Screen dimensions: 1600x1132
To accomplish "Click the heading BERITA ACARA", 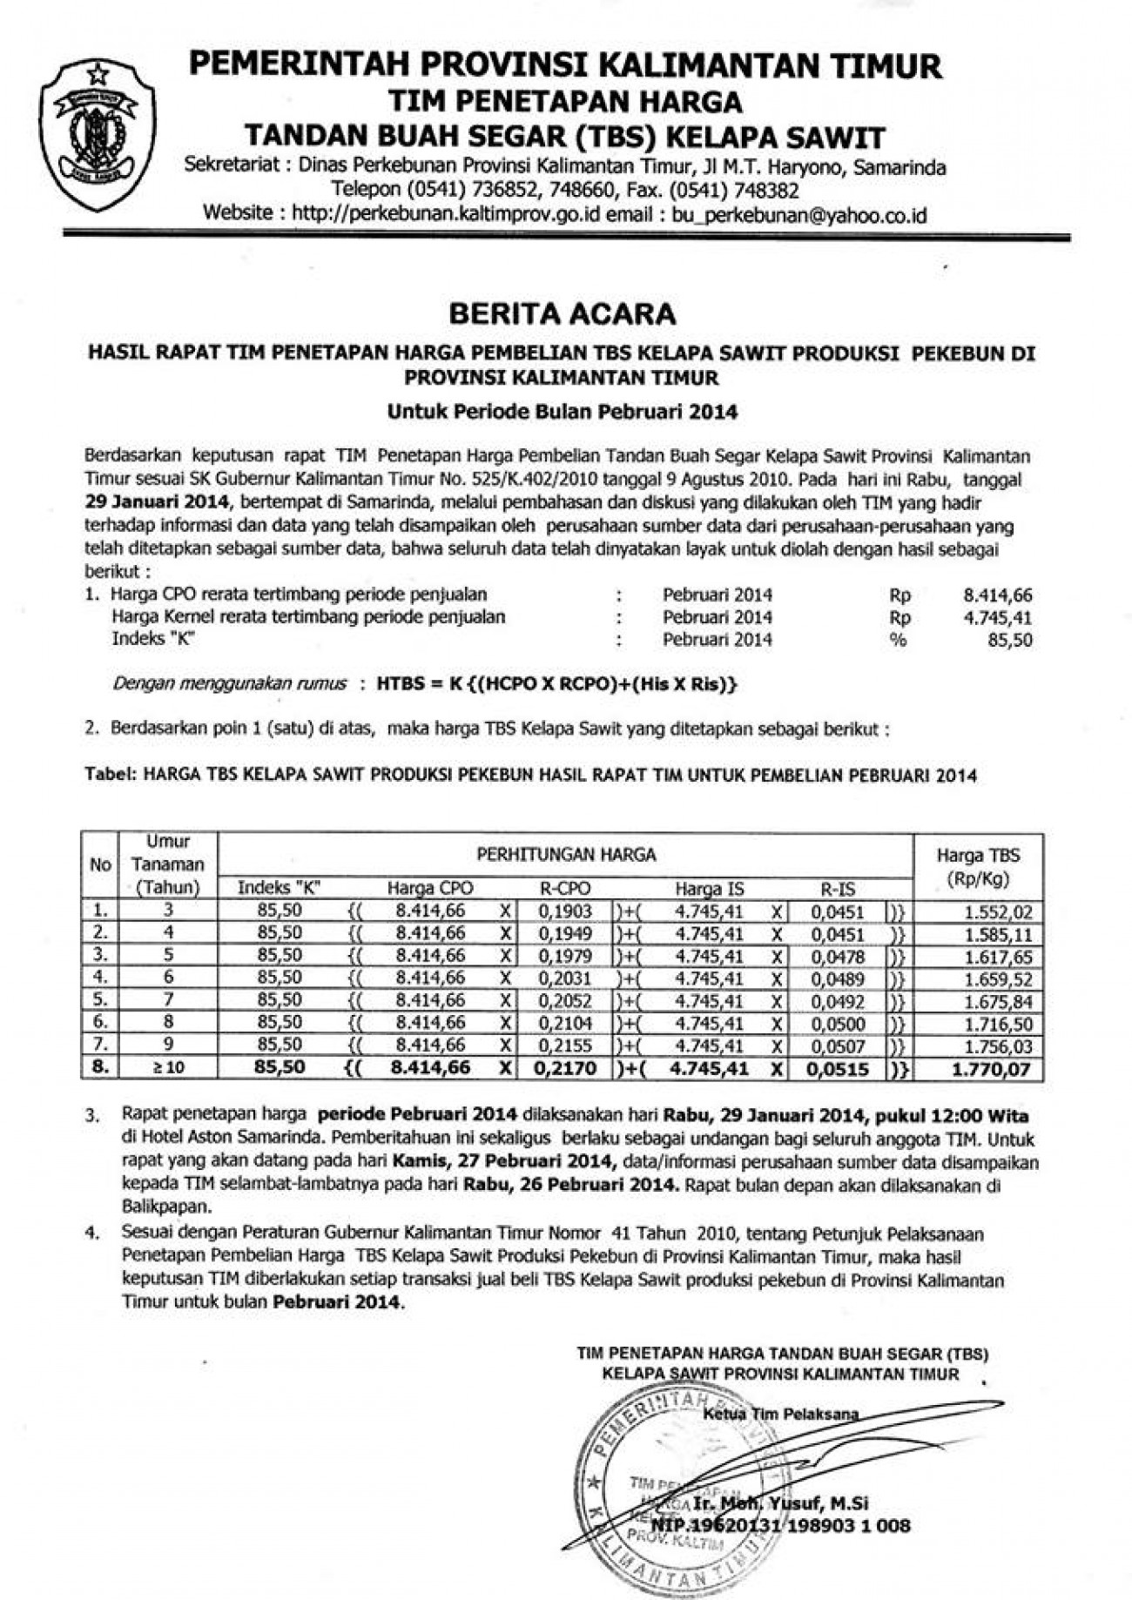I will coord(563,313).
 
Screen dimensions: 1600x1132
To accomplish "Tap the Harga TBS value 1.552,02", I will coord(997,911).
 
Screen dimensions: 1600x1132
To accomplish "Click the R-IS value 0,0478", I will coord(838,956).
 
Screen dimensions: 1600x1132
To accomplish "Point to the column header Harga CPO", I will coord(430,888).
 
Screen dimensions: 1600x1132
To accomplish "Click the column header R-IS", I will coord(838,888).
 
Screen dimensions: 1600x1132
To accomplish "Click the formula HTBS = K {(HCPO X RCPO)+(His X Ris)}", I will coord(557,684).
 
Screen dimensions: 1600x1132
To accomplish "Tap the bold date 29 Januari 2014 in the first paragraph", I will coord(158,502).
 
